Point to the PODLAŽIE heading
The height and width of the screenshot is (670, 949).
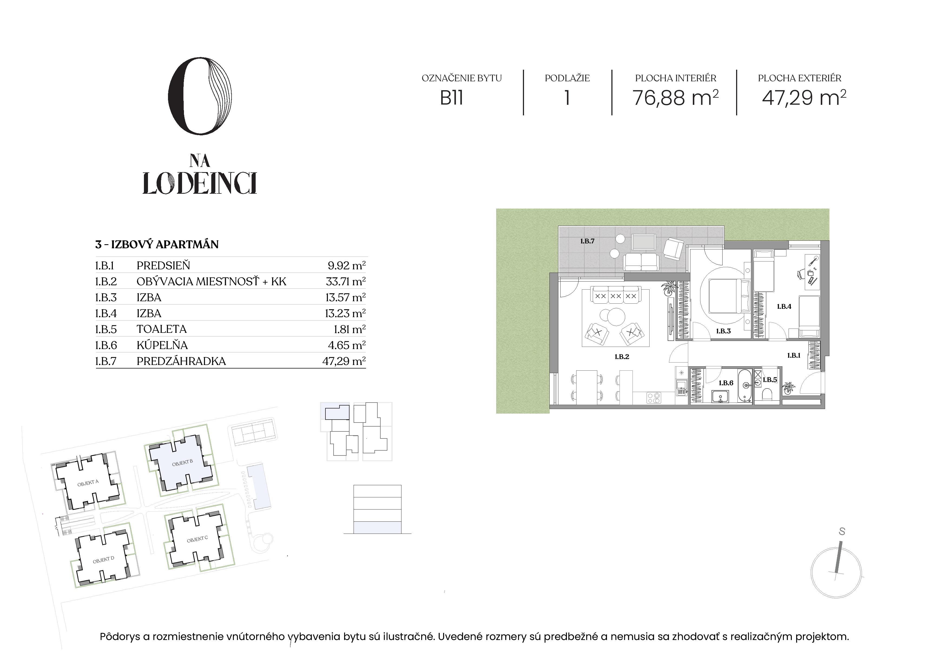pos(567,78)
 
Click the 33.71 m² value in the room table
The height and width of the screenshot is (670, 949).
pos(345,282)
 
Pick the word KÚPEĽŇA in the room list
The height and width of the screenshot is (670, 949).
pos(162,345)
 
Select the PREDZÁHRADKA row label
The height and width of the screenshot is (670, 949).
pos(181,361)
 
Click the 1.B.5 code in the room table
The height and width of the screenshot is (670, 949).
pos(106,329)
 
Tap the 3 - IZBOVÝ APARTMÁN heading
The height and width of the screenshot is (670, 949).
pos(157,244)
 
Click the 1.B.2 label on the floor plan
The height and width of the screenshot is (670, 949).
pos(622,357)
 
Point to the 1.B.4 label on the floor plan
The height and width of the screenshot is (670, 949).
pos(784,306)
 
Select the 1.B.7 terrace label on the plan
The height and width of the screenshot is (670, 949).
pos(587,241)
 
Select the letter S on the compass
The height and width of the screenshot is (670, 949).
pos(842,532)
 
